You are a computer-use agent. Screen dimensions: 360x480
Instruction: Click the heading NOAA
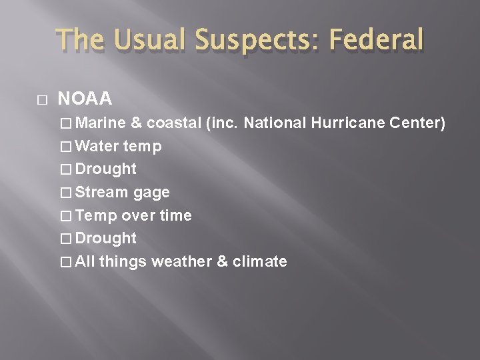tap(85, 99)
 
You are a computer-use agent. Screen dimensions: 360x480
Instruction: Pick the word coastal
tap(173, 123)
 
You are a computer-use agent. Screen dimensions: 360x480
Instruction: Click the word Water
tap(97, 146)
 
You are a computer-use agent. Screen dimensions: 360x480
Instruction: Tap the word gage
tap(152, 193)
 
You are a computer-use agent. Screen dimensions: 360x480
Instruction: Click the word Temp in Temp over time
tap(96, 215)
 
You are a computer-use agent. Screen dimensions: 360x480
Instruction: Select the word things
tap(123, 261)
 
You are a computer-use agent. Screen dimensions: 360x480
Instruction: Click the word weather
tap(182, 261)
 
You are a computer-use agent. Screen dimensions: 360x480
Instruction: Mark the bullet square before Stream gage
tap(66, 193)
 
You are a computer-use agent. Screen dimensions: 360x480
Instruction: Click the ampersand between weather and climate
tap(223, 261)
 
